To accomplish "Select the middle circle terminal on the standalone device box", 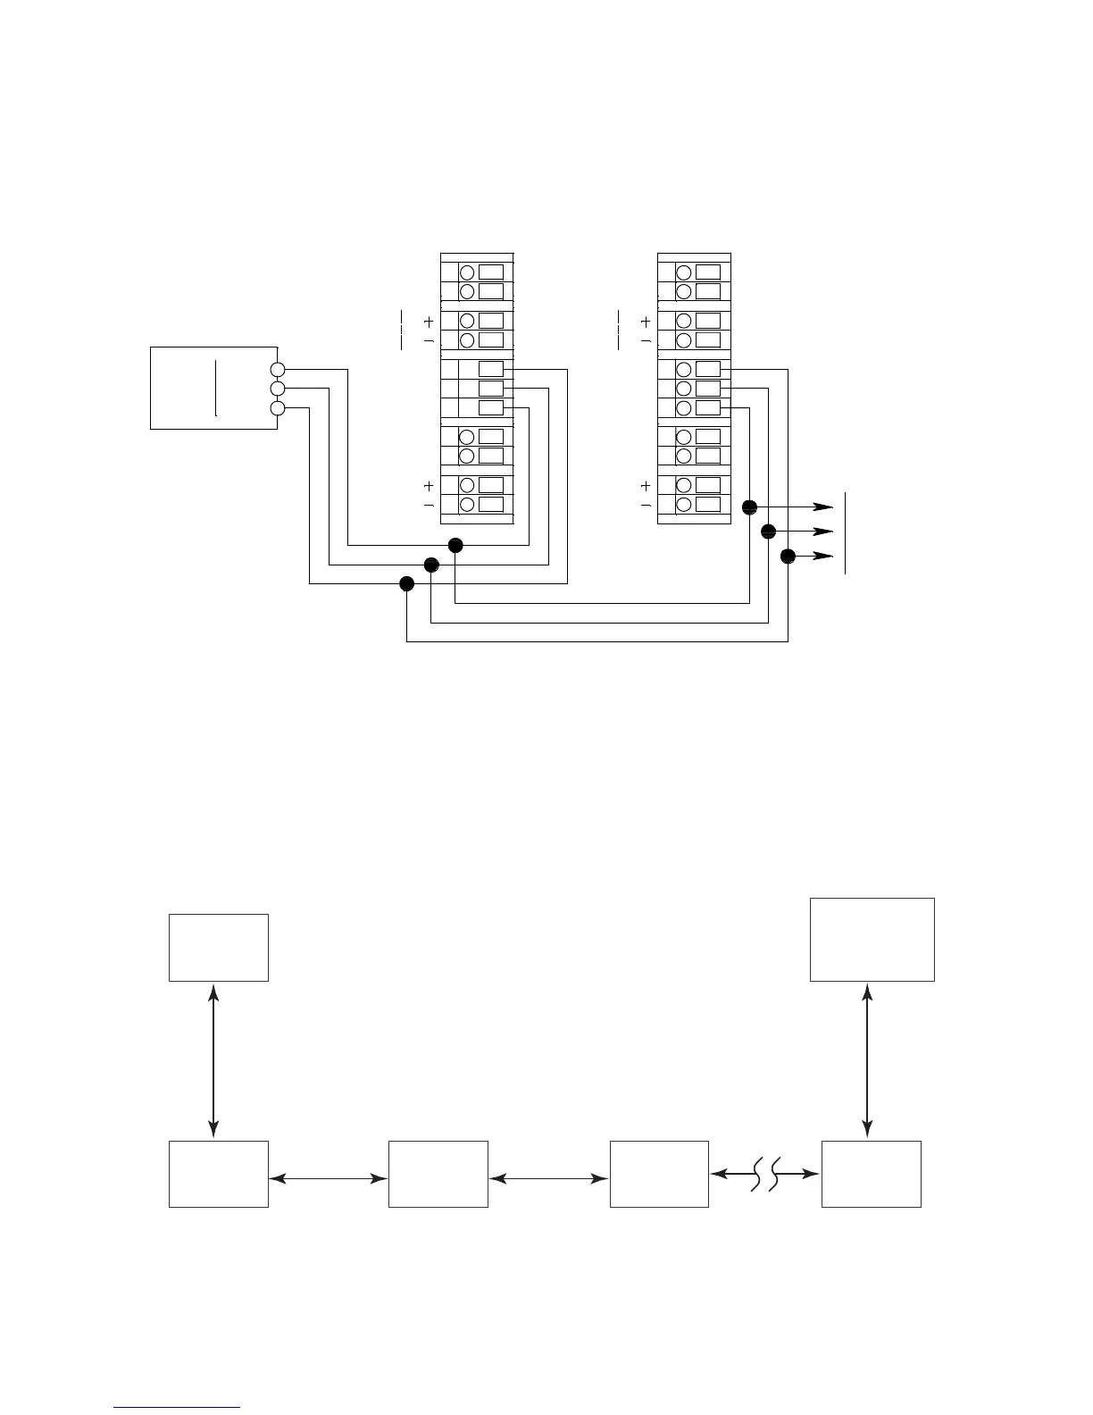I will tap(278, 389).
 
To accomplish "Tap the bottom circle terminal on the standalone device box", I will tap(278, 408).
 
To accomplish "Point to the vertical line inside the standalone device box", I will tap(216, 388).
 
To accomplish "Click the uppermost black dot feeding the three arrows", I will tap(749, 507).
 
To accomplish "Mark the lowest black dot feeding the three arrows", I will tap(788, 557).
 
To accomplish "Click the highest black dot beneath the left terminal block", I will tap(455, 545).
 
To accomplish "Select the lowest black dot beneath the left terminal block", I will tap(407, 584).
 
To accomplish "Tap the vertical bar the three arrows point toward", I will tap(845, 532).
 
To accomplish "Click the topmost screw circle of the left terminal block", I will tap(466, 272).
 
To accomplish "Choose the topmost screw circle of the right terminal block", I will tap(684, 272).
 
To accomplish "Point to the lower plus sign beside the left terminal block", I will tap(429, 486).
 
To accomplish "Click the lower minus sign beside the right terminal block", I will tap(646, 506).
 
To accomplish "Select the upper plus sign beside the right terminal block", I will tap(646, 322).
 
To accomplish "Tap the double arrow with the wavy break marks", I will tap(765, 1174).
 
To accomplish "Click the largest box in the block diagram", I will tap(872, 940).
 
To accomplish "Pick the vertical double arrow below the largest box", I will tap(868, 1060).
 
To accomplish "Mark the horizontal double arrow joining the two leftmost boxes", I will tap(329, 1179).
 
